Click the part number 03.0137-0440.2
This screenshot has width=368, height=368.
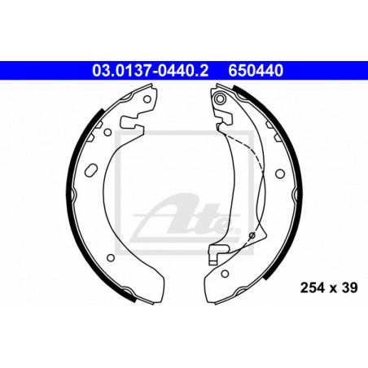150,71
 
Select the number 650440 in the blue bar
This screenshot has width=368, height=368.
256,71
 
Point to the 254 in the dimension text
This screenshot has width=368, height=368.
312,288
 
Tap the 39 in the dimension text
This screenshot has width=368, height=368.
349,288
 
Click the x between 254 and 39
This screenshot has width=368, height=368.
333,289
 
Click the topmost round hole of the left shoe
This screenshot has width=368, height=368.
147,99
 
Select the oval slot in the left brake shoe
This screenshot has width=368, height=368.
91,170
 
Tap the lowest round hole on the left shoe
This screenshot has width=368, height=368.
111,257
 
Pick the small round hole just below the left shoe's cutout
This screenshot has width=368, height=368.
107,133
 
